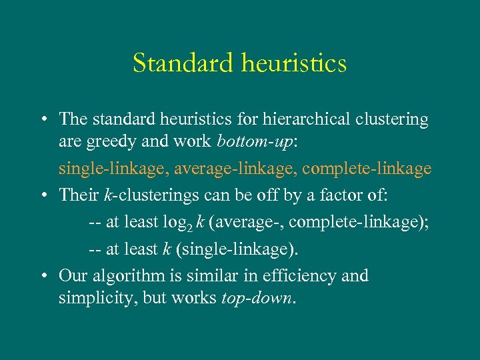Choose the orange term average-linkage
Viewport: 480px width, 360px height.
click(x=235, y=169)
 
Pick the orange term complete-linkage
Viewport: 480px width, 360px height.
click(x=367, y=169)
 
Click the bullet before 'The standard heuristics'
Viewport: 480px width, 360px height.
click(x=42, y=120)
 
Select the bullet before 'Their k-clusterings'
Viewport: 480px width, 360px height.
click(x=42, y=195)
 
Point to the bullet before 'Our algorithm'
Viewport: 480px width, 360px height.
click(x=42, y=276)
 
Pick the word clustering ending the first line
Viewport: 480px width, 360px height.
click(x=392, y=119)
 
